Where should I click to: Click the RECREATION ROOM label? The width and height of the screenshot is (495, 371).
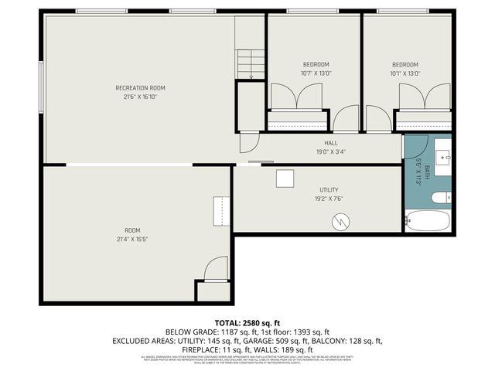pyautogui.click(x=140, y=88)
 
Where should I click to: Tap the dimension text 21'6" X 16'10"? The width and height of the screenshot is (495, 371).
pyautogui.click(x=140, y=97)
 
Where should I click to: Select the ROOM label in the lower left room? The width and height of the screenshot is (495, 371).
pyautogui.click(x=133, y=230)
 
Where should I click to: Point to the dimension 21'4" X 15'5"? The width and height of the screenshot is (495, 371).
pyautogui.click(x=133, y=240)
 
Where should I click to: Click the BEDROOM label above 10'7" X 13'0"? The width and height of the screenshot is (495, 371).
pyautogui.click(x=316, y=64)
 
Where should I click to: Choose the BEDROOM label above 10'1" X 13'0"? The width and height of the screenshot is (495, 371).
pyautogui.click(x=405, y=64)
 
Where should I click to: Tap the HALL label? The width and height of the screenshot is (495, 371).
pyautogui.click(x=331, y=143)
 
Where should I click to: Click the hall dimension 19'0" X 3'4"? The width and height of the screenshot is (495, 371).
pyautogui.click(x=331, y=151)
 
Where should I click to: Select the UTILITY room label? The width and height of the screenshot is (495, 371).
pyautogui.click(x=329, y=189)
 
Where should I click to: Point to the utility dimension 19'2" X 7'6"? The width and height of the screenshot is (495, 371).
pyautogui.click(x=329, y=199)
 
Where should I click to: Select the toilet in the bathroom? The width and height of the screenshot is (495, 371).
pyautogui.click(x=440, y=198)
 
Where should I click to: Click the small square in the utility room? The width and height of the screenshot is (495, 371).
pyautogui.click(x=285, y=178)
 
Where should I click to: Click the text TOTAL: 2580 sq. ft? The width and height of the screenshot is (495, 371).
pyautogui.click(x=247, y=322)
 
